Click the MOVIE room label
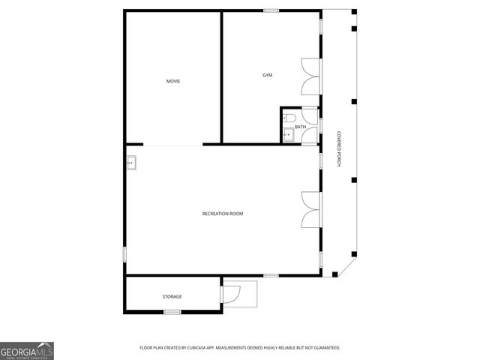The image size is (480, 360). (x=173, y=81)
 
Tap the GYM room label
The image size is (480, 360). (x=267, y=75)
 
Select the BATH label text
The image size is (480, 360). (x=300, y=127)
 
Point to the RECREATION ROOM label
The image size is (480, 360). (x=223, y=214)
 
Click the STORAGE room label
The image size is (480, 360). (x=172, y=296)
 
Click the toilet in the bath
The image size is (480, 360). (x=289, y=118)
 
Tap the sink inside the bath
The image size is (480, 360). (x=287, y=134)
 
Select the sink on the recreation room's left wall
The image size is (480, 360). (x=131, y=161)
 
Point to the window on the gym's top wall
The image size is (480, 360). (x=271, y=10)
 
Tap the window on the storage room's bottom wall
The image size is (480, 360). (x=172, y=311)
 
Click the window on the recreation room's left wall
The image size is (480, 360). (x=124, y=253)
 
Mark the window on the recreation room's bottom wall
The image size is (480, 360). (x=271, y=276)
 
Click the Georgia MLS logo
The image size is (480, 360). (x=27, y=350)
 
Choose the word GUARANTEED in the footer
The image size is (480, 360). (x=325, y=348)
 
